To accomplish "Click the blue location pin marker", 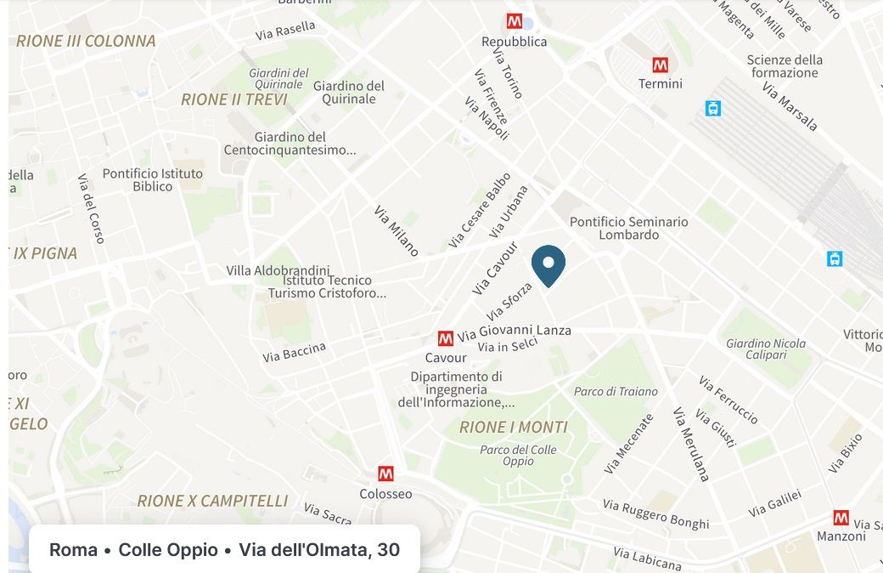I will click(x=548, y=264).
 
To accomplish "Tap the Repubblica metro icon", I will click(x=515, y=21).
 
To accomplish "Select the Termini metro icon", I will click(x=660, y=65).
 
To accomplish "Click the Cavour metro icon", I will click(x=446, y=338).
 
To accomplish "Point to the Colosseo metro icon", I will click(x=386, y=474).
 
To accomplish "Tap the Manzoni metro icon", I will click(x=841, y=517).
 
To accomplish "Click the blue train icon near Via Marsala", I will click(x=713, y=108).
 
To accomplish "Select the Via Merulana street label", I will click(x=690, y=444).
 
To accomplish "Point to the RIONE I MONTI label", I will click(x=514, y=427).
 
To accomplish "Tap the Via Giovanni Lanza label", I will click(x=515, y=331).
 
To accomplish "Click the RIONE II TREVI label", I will click(x=234, y=99).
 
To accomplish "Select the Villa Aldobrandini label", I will click(x=275, y=270).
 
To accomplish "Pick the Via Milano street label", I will click(x=397, y=230).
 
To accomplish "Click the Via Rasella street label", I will click(x=285, y=31).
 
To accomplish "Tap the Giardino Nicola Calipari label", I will click(x=766, y=349).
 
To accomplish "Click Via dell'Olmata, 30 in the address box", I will click(x=319, y=550).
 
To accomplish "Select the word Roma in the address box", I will click(x=73, y=550).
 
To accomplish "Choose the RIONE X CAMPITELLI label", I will click(x=212, y=501).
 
